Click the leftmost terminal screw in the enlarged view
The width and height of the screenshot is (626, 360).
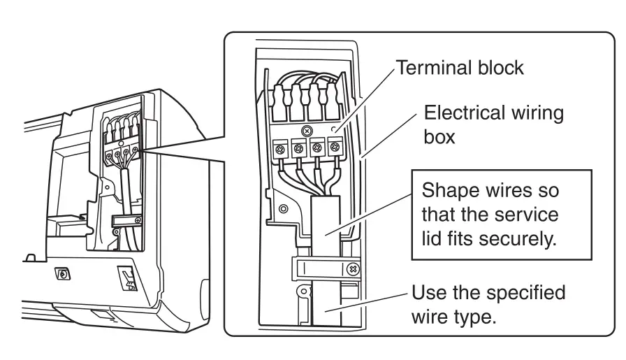coord(280,149)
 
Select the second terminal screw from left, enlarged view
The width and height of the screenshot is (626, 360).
coord(298,149)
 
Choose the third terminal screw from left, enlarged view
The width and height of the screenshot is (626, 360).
coord(316,149)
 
